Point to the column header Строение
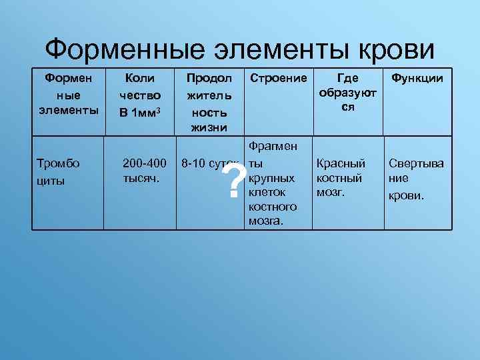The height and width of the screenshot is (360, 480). click(x=278, y=79)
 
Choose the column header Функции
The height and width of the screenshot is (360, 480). click(x=417, y=79)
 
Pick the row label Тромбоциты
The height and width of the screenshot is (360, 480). click(x=59, y=171)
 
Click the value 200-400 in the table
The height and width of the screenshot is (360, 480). click(x=145, y=163)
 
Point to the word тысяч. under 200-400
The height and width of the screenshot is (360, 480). click(x=141, y=178)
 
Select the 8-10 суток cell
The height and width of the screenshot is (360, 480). click(x=209, y=163)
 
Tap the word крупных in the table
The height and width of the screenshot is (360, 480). click(x=271, y=178)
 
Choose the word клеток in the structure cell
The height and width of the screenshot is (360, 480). click(x=267, y=193)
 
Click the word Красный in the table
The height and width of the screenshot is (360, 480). click(x=341, y=163)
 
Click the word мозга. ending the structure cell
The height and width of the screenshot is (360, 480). click(x=265, y=221)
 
